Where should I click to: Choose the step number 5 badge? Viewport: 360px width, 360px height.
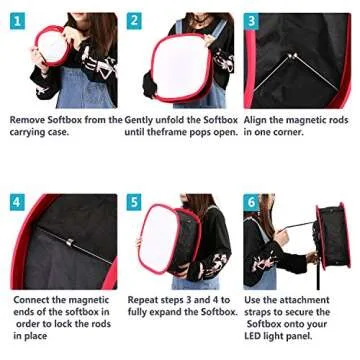tap(135, 201)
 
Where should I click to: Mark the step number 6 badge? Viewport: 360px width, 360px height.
tap(252, 201)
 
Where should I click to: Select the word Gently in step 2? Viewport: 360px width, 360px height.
tap(143, 119)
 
